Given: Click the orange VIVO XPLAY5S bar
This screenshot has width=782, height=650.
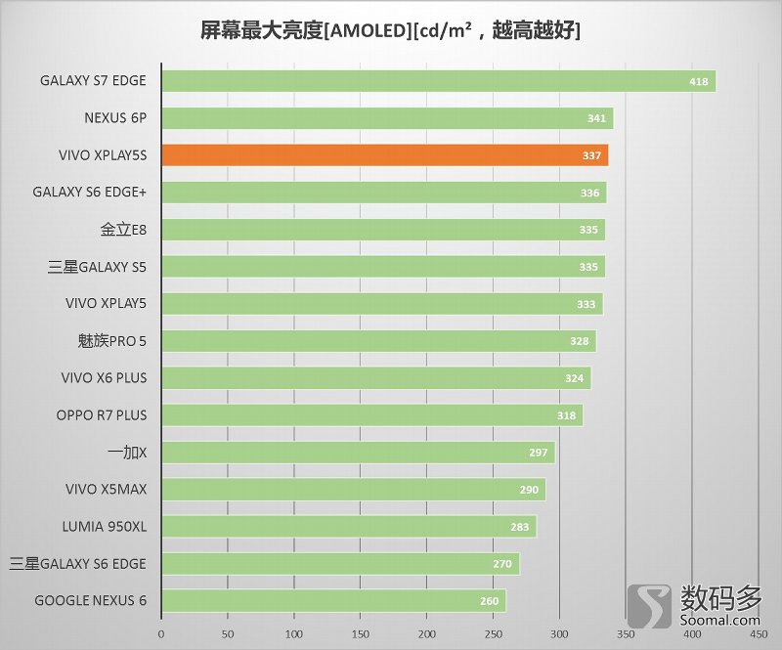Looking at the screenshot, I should pos(384,155).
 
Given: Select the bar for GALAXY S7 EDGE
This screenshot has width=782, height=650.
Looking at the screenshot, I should pos(438,81).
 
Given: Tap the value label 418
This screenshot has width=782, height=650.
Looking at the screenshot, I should pos(698,81).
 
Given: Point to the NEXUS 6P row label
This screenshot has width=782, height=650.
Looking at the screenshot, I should pos(115,118).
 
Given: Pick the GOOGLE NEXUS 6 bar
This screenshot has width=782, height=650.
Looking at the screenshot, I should pos(333,600).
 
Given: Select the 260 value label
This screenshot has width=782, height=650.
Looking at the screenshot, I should pos(490,600).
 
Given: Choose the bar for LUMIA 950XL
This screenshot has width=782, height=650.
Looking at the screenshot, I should pos(348,526).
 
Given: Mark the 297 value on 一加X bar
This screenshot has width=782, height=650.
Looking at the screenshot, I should pos(538,453).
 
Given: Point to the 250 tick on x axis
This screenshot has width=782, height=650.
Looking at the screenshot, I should pos(493,633).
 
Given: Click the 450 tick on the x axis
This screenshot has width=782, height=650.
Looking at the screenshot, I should pos(759,633).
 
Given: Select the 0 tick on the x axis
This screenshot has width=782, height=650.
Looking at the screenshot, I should pos(161,633).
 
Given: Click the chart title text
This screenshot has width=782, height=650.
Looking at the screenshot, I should pos(390,30).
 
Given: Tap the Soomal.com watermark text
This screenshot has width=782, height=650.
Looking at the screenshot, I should pos(717,620).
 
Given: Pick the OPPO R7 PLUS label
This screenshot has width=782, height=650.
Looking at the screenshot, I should pos(102,415).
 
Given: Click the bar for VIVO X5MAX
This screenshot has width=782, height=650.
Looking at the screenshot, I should pos(353,489).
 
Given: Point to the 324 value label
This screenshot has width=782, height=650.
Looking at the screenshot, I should pos(574,378).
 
